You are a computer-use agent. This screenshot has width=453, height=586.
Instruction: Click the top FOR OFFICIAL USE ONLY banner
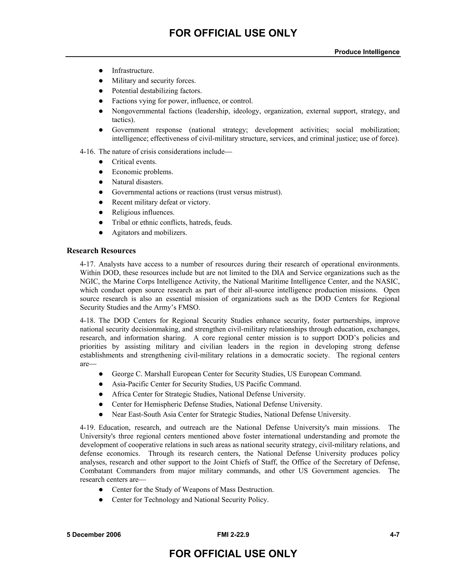(x=233, y=33)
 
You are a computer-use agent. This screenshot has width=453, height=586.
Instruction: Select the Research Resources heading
(x=101, y=251)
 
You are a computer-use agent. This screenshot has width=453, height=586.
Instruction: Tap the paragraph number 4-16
(x=87, y=152)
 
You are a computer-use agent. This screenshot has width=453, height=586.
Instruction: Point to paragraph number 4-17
(x=87, y=264)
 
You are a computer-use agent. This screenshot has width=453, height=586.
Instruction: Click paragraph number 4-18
(x=87, y=321)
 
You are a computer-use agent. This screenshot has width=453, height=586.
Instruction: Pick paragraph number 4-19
(x=87, y=428)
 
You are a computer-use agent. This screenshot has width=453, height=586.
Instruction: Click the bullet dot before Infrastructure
(x=101, y=71)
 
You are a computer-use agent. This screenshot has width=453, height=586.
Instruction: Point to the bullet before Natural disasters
(x=101, y=182)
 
